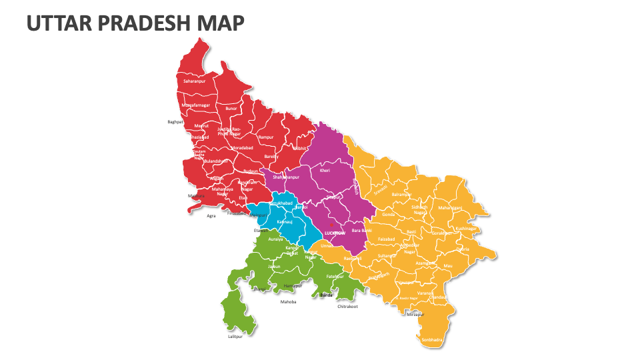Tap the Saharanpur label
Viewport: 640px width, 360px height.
(195, 81)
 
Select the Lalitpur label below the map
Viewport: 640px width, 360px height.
(235, 337)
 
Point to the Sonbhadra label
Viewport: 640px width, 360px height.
(431, 339)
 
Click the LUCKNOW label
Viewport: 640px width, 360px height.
(335, 233)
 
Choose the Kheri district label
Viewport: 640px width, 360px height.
(325, 171)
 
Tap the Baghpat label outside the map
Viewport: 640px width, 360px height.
(175, 122)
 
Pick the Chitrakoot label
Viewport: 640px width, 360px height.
(347, 307)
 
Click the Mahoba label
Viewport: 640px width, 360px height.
(288, 301)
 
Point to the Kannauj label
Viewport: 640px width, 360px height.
(285, 220)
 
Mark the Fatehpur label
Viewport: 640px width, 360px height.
(334, 276)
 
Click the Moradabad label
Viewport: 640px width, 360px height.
(242, 147)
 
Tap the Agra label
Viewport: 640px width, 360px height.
(211, 215)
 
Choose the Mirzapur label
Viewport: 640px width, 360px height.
(415, 313)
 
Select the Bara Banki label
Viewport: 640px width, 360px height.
(361, 230)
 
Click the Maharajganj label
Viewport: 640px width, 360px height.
(450, 207)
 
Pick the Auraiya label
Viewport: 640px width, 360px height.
(275, 239)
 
